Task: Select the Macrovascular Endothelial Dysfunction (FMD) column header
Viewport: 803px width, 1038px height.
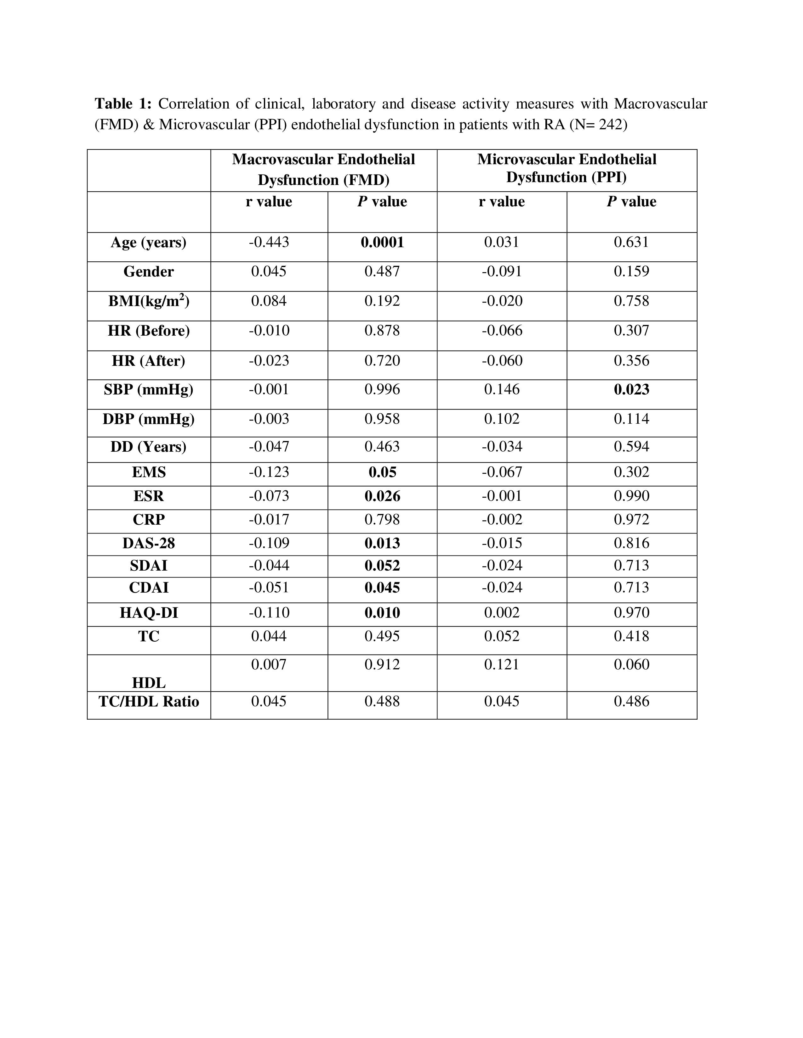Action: coord(323,170)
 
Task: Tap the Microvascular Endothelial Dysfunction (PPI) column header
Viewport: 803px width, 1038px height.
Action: coord(567,168)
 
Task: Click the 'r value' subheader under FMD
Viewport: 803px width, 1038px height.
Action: coord(269,202)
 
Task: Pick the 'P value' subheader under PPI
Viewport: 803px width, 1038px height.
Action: coord(631,202)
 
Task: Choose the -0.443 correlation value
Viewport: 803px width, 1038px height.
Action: coord(269,243)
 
